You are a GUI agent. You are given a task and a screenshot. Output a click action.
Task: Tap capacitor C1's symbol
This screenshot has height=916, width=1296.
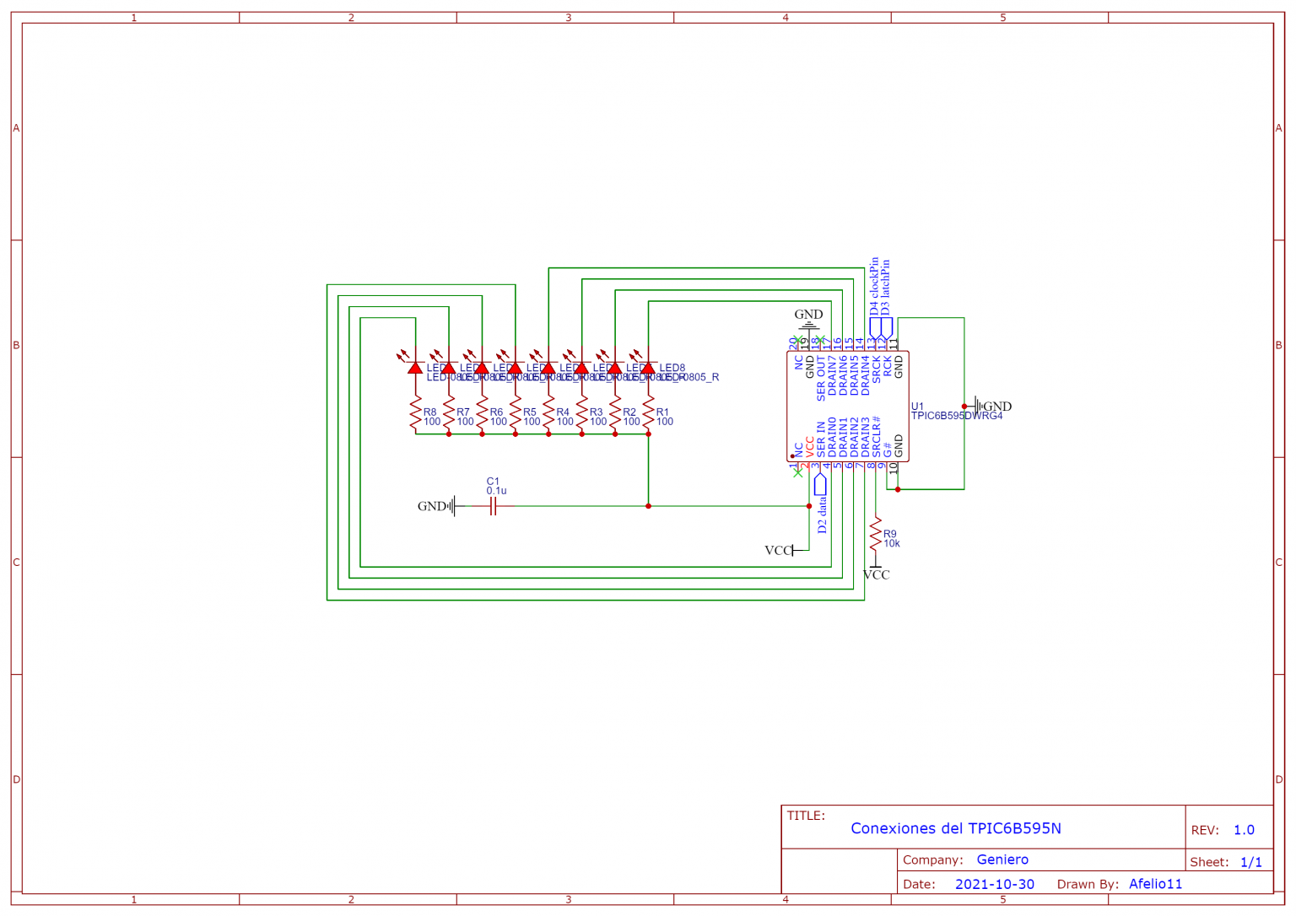click(494, 506)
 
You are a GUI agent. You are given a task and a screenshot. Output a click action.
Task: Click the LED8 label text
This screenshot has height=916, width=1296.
click(672, 368)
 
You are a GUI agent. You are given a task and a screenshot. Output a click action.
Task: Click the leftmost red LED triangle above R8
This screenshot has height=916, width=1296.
click(415, 368)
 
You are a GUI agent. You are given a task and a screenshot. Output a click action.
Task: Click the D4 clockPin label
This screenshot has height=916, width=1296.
click(874, 287)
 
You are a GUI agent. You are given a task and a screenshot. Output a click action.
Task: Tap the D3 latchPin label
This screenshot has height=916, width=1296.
click(885, 287)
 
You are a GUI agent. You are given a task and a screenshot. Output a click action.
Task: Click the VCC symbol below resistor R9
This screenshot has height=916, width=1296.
click(876, 574)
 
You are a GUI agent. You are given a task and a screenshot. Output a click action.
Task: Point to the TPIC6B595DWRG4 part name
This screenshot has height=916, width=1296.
click(957, 416)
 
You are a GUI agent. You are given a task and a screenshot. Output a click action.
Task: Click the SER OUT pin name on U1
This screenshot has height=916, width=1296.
click(820, 380)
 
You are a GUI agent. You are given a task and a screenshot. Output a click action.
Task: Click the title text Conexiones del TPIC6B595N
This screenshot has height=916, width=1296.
click(955, 828)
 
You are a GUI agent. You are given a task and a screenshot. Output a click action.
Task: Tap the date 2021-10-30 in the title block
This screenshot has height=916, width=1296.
click(994, 884)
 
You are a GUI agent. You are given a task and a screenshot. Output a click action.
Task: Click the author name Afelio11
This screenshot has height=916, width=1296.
click(1155, 884)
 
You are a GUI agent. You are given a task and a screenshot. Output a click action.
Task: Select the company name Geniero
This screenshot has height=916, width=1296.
click(1002, 859)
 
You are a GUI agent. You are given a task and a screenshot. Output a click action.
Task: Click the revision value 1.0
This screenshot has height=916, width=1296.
click(1244, 830)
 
